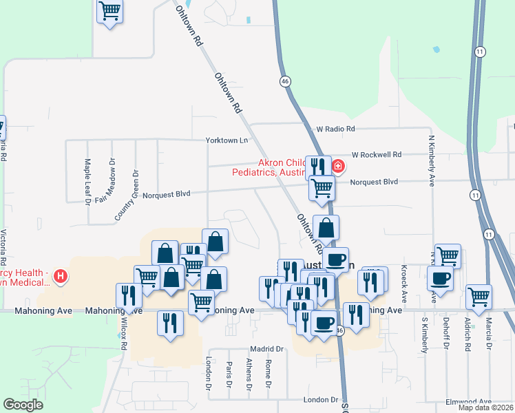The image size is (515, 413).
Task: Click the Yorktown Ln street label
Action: click(x=226, y=140)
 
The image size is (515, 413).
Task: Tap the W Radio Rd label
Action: click(x=335, y=129)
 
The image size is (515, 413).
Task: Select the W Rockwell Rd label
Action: click(x=376, y=155)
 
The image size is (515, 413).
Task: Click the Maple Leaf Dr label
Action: click(x=87, y=182)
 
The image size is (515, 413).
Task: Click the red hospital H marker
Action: click(x=61, y=277)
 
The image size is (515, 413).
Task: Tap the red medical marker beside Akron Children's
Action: click(x=337, y=166)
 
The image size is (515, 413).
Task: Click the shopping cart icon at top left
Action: click(x=109, y=12)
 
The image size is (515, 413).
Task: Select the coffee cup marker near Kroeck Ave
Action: click(x=440, y=279)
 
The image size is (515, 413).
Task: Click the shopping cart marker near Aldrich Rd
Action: click(x=479, y=297)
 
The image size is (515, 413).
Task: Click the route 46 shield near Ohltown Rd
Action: click(x=285, y=81)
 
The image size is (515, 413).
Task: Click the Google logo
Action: click(x=23, y=405)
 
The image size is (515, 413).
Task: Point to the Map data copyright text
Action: click(x=485, y=407)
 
